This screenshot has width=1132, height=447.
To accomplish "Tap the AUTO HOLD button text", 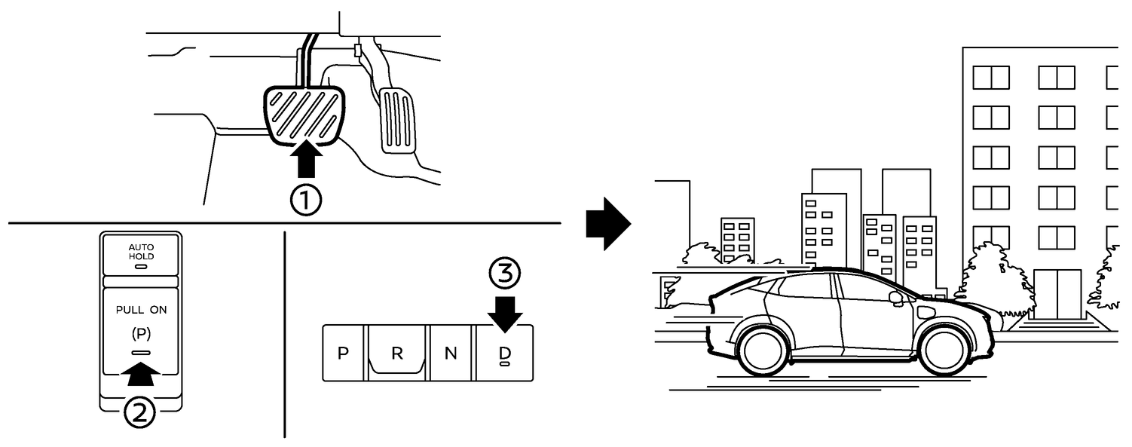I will click(x=141, y=252).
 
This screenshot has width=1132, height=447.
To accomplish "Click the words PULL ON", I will click(x=141, y=310).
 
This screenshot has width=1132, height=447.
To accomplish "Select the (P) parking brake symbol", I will click(x=141, y=332).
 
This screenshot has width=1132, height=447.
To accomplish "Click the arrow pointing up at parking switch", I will click(x=141, y=370).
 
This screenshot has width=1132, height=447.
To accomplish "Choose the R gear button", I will click(x=396, y=354).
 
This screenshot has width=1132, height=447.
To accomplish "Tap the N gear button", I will click(x=451, y=354).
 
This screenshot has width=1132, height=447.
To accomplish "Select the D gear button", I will click(x=504, y=353).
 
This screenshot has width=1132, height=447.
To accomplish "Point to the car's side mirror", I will click(x=896, y=298).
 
